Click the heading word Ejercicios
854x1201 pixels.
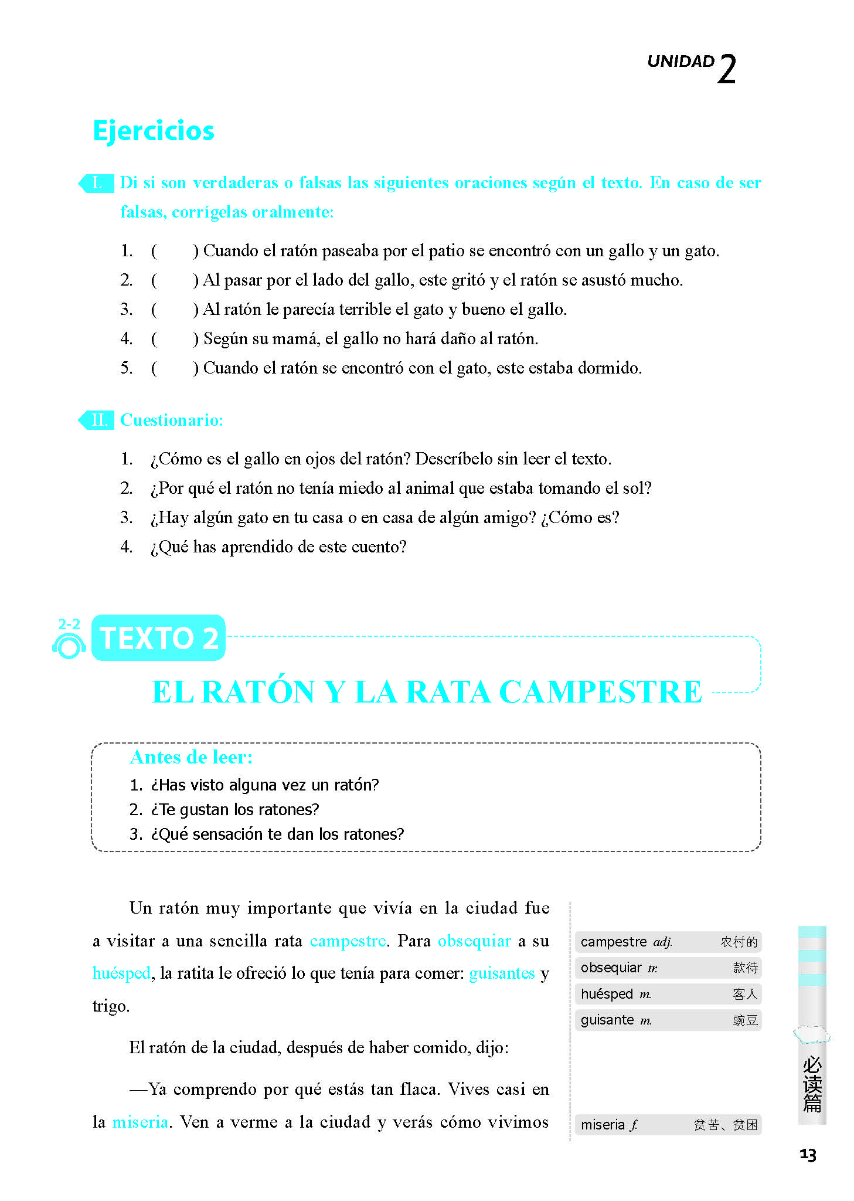tap(154, 131)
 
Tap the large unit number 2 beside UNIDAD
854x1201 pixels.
tap(726, 70)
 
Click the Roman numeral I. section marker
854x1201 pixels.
tap(97, 183)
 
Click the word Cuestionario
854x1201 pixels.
tap(171, 420)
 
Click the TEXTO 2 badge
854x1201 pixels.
tap(159, 638)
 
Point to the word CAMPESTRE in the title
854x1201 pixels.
tap(600, 692)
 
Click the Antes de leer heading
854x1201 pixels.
tap(191, 757)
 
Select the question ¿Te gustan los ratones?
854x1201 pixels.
tap(234, 809)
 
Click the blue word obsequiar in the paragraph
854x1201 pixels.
tap(474, 941)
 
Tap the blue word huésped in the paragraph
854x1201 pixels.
tap(121, 973)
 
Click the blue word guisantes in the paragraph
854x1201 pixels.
tap(502, 973)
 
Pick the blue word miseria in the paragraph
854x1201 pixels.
tap(140, 1122)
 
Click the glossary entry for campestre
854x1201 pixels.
tap(668, 942)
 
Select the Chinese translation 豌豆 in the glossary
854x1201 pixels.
tap(746, 1020)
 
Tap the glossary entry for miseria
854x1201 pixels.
tap(668, 1125)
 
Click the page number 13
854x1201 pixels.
tap(808, 1155)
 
